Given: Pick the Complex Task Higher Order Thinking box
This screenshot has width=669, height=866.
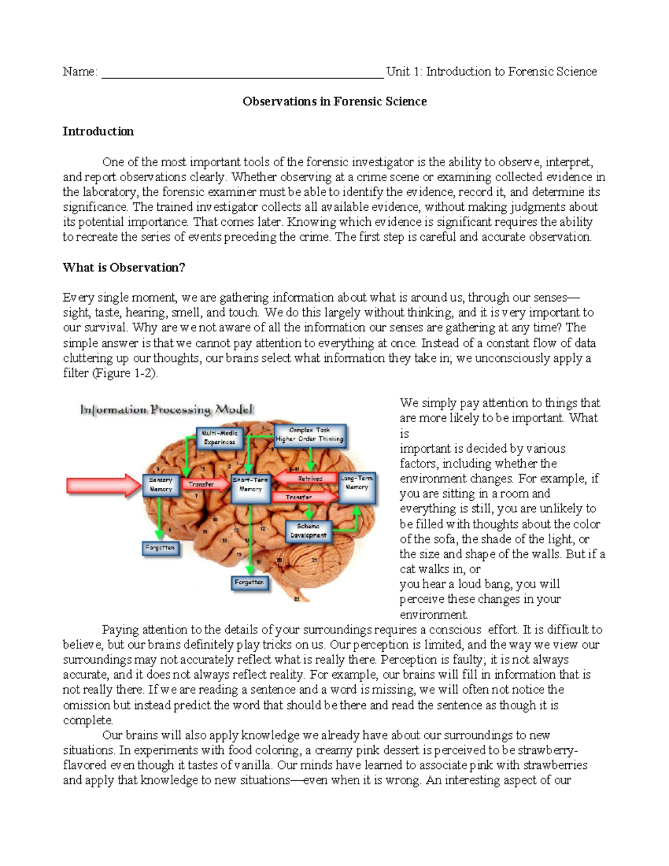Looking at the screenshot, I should click(310, 435).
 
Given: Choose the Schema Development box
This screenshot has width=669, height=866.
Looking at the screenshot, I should click(308, 531).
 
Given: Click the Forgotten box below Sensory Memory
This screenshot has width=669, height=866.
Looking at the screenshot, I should click(160, 548).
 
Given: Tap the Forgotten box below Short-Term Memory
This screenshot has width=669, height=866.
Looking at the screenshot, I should click(249, 582).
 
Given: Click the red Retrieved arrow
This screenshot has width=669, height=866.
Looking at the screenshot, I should click(307, 478).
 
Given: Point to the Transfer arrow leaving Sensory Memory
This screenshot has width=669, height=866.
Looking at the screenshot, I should click(202, 485).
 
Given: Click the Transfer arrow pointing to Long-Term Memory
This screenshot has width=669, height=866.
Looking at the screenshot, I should click(304, 497).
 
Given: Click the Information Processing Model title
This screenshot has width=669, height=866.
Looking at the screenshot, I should click(167, 410).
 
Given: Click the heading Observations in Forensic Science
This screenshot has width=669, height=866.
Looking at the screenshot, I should click(334, 101).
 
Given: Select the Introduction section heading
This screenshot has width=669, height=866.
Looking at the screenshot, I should click(98, 132).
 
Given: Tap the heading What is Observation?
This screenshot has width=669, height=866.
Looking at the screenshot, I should click(124, 268).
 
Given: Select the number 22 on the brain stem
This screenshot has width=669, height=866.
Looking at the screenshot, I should click(297, 598).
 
